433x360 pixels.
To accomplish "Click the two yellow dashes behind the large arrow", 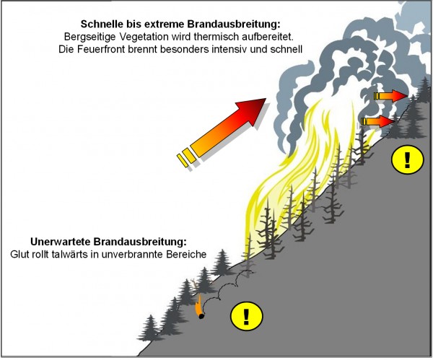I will coord(185,157).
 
